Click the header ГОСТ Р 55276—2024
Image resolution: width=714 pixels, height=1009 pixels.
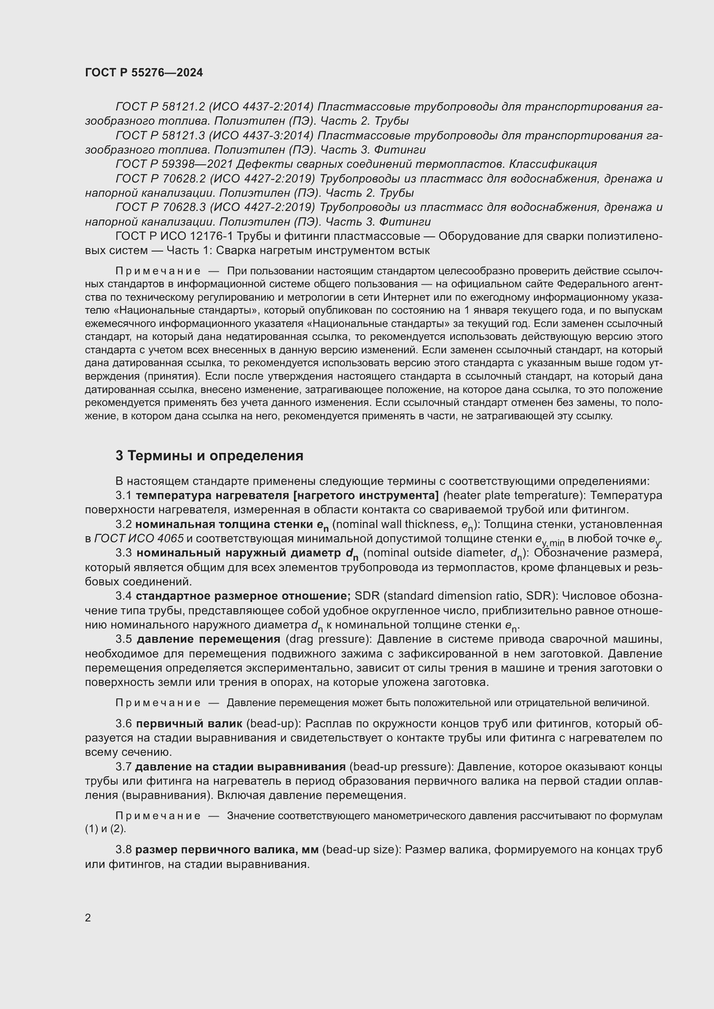click(x=144, y=73)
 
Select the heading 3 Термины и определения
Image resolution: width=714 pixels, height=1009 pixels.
click(x=209, y=456)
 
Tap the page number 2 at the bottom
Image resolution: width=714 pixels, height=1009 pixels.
click(x=88, y=918)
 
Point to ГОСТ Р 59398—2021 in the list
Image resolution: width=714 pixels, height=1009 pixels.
click(x=174, y=164)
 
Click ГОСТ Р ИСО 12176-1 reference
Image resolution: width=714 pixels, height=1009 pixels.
click(x=174, y=236)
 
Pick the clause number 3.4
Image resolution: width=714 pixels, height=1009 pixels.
click(x=123, y=596)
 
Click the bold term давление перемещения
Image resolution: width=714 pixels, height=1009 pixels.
click(x=209, y=639)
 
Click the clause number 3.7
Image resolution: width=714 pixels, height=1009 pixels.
click(x=123, y=767)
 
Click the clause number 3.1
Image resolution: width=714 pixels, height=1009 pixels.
click(x=123, y=495)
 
